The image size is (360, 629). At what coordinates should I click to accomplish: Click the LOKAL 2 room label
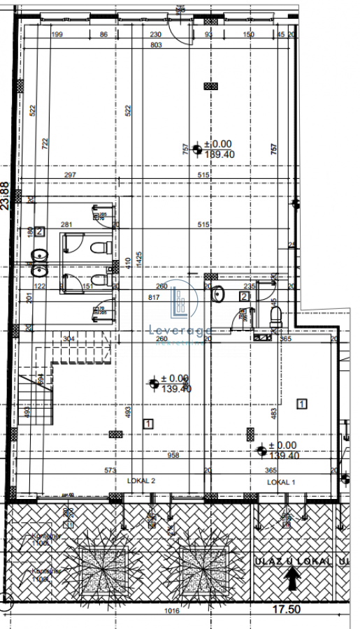pos(141,481)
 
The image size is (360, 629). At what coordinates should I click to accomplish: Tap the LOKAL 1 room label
pos(282,482)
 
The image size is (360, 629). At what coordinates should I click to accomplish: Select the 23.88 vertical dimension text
pos(6,196)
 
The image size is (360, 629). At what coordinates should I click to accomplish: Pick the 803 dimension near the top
pos(156,45)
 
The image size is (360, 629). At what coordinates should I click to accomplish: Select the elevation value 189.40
pos(219,155)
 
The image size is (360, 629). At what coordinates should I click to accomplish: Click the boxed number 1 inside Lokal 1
pos(302,403)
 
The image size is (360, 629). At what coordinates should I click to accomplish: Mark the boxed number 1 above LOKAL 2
pos(147,423)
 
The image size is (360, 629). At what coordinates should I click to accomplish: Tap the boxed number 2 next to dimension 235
pos(243,296)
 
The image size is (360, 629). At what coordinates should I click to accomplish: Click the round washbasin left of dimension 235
pos(217,295)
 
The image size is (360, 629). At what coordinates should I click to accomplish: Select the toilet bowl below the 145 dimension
pos(275,318)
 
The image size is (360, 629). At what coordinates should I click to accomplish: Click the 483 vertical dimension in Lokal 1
pos(273,414)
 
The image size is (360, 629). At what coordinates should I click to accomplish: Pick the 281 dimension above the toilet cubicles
pos(67,224)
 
